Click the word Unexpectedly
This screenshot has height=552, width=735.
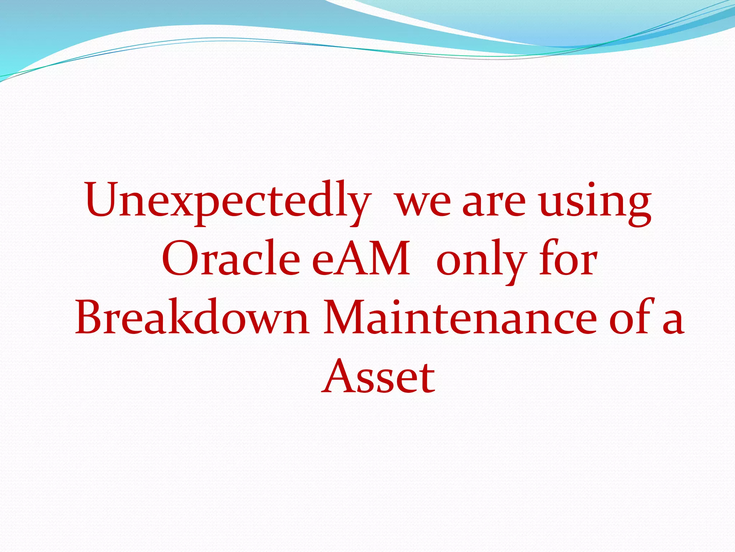click(x=227, y=201)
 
